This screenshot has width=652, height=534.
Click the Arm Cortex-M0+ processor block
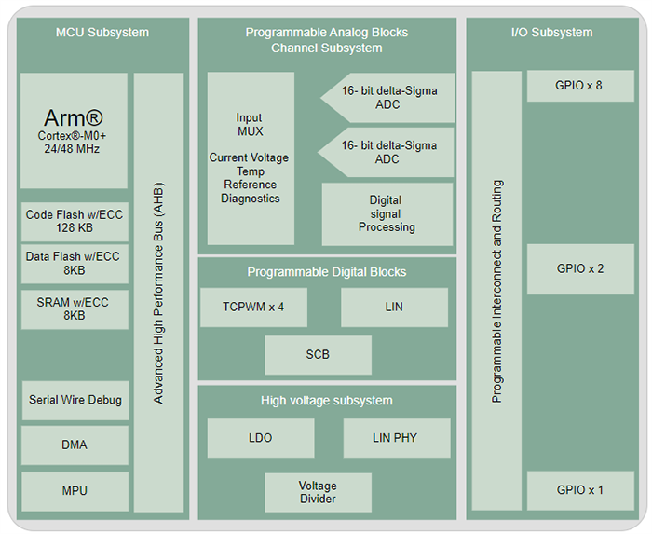tap(74, 130)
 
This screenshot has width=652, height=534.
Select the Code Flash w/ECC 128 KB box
tap(74, 221)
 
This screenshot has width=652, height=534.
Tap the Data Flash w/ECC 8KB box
tap(74, 264)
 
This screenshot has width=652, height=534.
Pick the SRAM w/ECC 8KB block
tap(74, 308)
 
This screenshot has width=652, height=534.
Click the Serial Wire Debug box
tap(75, 400)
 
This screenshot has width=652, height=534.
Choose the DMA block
tap(75, 445)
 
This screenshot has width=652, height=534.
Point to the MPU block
tap(75, 490)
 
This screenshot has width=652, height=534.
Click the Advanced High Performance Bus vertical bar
tap(158, 292)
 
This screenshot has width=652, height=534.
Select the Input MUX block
tap(250, 158)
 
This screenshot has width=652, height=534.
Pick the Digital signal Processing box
tap(386, 213)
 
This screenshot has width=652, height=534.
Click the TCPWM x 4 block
tap(253, 307)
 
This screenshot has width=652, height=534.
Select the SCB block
tap(318, 355)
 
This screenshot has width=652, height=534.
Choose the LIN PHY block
tap(396, 438)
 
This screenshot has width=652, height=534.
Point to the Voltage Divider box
tap(318, 492)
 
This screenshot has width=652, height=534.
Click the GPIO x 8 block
tap(579, 86)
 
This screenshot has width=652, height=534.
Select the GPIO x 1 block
tap(579, 490)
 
